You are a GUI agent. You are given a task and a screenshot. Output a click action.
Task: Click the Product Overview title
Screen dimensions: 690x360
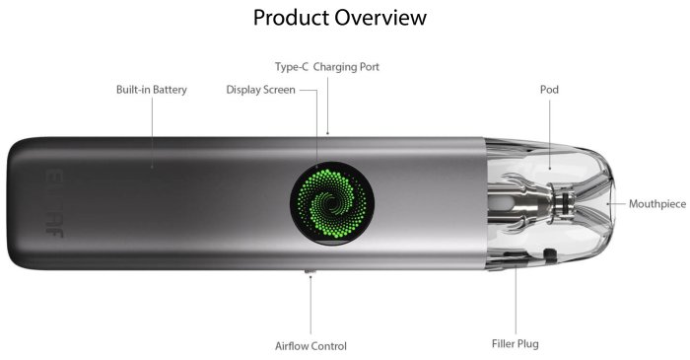point(340,18)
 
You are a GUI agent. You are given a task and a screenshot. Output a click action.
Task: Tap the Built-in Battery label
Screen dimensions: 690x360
point(152,90)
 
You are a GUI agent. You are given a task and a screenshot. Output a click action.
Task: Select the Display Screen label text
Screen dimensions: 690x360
point(260,90)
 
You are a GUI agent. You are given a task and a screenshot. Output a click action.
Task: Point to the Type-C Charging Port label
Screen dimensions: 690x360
point(327,67)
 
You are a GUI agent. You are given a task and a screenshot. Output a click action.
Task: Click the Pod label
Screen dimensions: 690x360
point(549,90)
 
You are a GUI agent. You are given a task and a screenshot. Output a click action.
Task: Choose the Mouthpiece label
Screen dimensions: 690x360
point(657,204)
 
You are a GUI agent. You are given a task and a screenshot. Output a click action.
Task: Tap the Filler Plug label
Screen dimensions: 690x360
point(515,343)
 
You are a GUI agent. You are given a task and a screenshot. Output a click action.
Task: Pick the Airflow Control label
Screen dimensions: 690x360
point(310,346)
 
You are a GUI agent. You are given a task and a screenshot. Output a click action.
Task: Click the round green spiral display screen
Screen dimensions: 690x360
point(332,203)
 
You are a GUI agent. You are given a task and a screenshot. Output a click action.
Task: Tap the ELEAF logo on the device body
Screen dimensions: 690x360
point(54,203)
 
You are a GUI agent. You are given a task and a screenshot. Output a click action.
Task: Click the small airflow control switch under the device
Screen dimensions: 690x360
point(310,272)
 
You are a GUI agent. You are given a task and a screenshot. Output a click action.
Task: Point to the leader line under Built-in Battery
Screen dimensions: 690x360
point(152,132)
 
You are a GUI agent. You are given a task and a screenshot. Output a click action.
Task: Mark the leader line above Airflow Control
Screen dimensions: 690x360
point(310,305)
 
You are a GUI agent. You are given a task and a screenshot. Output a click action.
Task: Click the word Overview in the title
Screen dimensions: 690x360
point(380,18)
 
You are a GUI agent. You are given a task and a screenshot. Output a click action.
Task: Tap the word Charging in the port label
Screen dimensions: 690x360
point(334,67)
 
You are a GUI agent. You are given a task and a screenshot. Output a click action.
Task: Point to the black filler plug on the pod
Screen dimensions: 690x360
point(549,255)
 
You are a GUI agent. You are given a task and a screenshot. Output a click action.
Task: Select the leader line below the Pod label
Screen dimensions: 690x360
point(550,134)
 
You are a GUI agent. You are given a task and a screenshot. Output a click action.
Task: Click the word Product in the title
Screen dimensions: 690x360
point(291,18)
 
